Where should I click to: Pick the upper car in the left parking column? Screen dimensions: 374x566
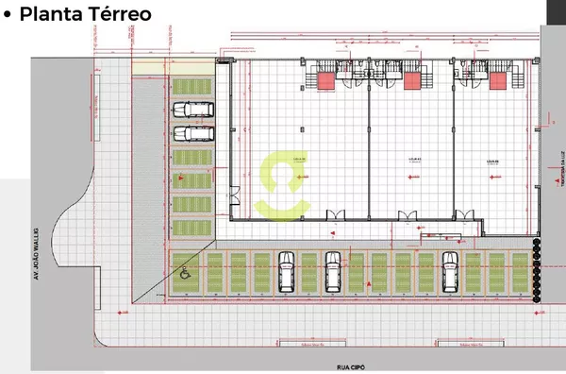click(x=192, y=109)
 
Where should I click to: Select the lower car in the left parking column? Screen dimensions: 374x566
click(x=192, y=133)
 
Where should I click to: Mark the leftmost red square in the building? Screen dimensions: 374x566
click(x=326, y=82)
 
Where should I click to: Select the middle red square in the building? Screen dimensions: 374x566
click(x=410, y=82)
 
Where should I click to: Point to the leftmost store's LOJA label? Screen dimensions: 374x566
click(x=299, y=160)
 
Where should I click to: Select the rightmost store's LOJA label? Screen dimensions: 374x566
click(x=491, y=160)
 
